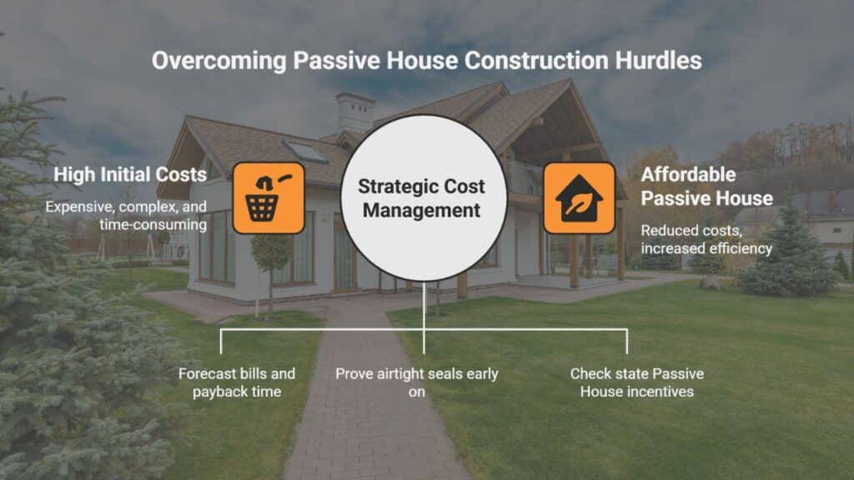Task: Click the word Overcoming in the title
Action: (219, 61)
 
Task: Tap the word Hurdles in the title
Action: (658, 60)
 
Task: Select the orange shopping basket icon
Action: (269, 198)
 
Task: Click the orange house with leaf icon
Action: (579, 198)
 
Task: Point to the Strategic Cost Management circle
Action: (423, 198)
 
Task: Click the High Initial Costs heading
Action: (130, 175)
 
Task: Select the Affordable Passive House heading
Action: (706, 186)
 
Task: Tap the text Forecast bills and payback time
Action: (236, 382)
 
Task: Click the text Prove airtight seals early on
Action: (417, 382)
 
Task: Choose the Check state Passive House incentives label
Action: (636, 382)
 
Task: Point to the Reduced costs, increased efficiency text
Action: (706, 239)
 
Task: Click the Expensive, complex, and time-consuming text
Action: (126, 216)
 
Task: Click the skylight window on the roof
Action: (306, 152)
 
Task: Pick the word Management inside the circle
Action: (421, 211)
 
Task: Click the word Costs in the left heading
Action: (181, 175)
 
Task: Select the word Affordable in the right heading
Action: (688, 175)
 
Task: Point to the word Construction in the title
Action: (536, 60)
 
